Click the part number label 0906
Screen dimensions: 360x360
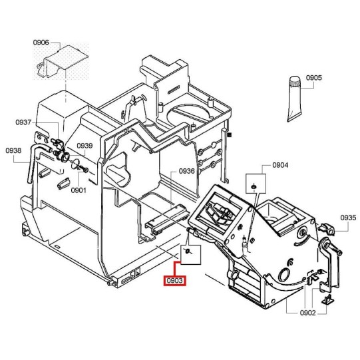[x=41, y=43]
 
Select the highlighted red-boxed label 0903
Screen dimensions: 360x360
[x=175, y=281]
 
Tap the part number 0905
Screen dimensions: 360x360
[x=314, y=78]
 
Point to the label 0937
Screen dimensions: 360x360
[x=23, y=122]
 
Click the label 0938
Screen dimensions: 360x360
[x=13, y=150]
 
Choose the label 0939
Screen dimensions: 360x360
[x=85, y=146]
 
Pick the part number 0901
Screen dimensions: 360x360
[x=79, y=190]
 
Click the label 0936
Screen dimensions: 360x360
[x=187, y=171]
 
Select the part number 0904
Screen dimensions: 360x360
[x=280, y=165]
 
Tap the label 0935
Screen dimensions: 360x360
[x=348, y=218]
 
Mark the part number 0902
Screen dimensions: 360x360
[x=308, y=313]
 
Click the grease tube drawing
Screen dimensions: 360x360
[x=294, y=98]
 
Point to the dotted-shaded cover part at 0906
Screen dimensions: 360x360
[x=62, y=62]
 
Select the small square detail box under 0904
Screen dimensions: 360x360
[x=256, y=183]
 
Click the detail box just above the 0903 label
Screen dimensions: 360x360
[x=190, y=255]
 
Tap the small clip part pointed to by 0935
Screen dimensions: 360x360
[x=327, y=229]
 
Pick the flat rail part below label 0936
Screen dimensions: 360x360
[x=167, y=218]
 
